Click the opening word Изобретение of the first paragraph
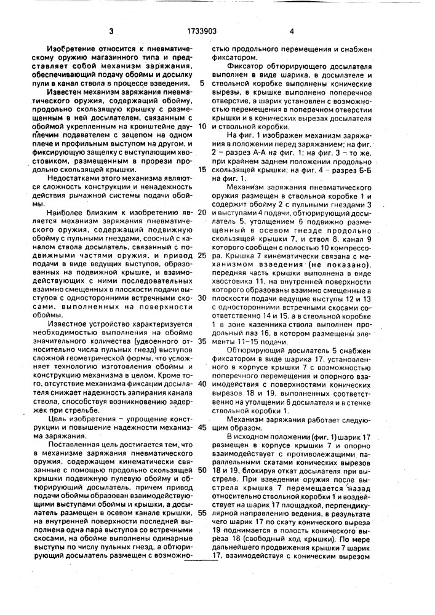65,47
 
